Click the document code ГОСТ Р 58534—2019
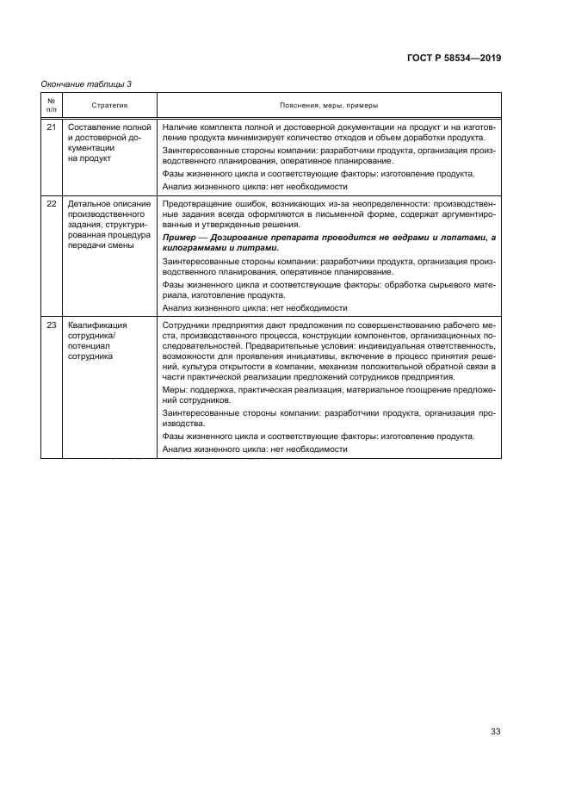[x=454, y=59]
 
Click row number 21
[x=52, y=127]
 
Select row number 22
[x=52, y=204]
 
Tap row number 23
[x=52, y=325]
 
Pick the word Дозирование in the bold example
[x=237, y=238]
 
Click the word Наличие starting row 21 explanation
[x=180, y=127]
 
